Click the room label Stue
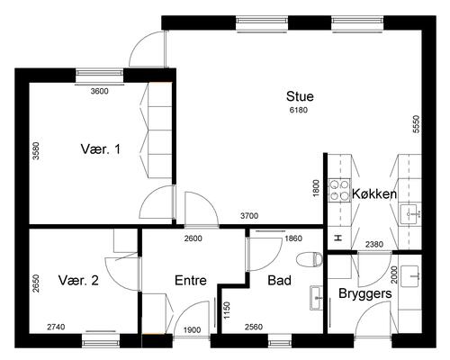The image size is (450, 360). pyautogui.click(x=300, y=96)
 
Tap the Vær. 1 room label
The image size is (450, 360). pyautogui.click(x=101, y=149)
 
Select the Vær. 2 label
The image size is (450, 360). pyautogui.click(x=78, y=281)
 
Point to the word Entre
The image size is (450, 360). pyautogui.click(x=191, y=281)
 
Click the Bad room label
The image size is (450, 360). pyautogui.click(x=279, y=281)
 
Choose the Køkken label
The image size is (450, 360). pyautogui.click(x=374, y=194)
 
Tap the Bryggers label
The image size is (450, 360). pyautogui.click(x=365, y=293)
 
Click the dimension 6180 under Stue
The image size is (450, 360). pyautogui.click(x=299, y=110)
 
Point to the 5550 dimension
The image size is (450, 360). pyautogui.click(x=416, y=124)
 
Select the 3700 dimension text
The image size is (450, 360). pyautogui.click(x=249, y=216)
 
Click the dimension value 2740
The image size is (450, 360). pyautogui.click(x=56, y=327)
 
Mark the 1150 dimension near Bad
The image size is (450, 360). pyautogui.click(x=227, y=310)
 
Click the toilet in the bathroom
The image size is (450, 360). pyautogui.click(x=310, y=259)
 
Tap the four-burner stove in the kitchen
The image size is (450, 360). pyautogui.click(x=339, y=191)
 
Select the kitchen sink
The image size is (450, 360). pyautogui.click(x=410, y=214)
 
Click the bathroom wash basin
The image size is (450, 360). pyautogui.click(x=316, y=298)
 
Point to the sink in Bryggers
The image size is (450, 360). pyautogui.click(x=410, y=275)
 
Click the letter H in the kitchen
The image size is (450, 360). pyautogui.click(x=338, y=238)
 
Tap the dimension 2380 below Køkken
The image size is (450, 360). pyautogui.click(x=374, y=245)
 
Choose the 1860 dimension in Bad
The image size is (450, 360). pyautogui.click(x=293, y=238)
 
